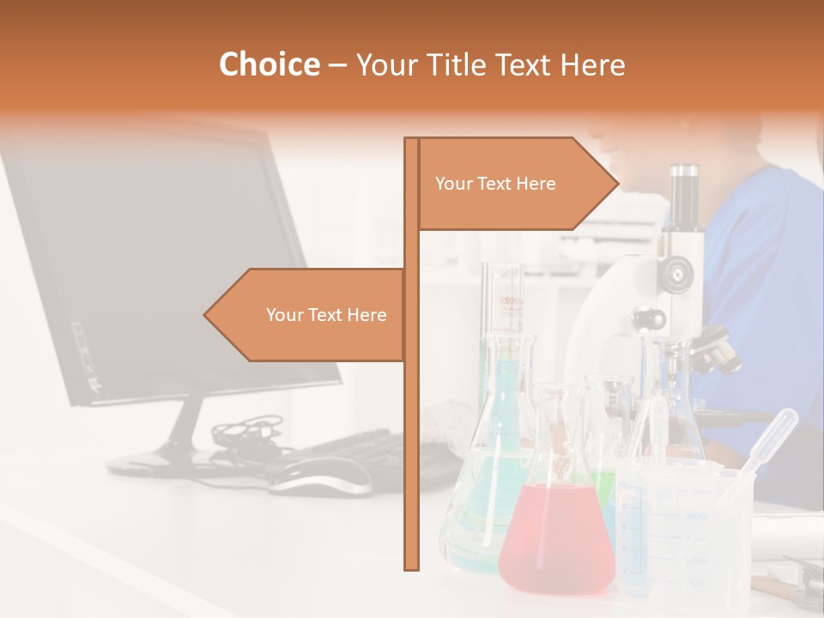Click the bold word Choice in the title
[269, 65]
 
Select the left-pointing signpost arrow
[305, 315]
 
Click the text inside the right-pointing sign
[495, 184]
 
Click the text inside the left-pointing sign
[326, 315]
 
